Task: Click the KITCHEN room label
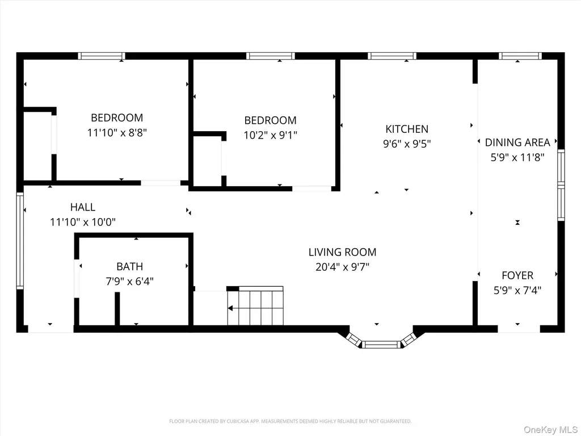[x=407, y=129]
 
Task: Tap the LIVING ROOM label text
[x=342, y=252]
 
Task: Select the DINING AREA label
[x=517, y=142]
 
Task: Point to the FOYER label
[x=517, y=275]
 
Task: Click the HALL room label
[x=83, y=207]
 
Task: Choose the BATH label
[x=130, y=267]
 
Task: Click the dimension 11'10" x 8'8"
[x=117, y=133]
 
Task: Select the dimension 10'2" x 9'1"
[x=271, y=135]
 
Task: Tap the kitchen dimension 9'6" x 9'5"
[x=407, y=144]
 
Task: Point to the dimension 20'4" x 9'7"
[x=342, y=267]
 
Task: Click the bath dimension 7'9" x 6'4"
[x=130, y=282]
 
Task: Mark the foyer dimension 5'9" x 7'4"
[x=517, y=290]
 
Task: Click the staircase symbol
[x=255, y=306]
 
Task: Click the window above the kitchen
[x=392, y=56]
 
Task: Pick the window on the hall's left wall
[x=20, y=241]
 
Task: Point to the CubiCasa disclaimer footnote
[x=290, y=421]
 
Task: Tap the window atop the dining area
[x=520, y=56]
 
